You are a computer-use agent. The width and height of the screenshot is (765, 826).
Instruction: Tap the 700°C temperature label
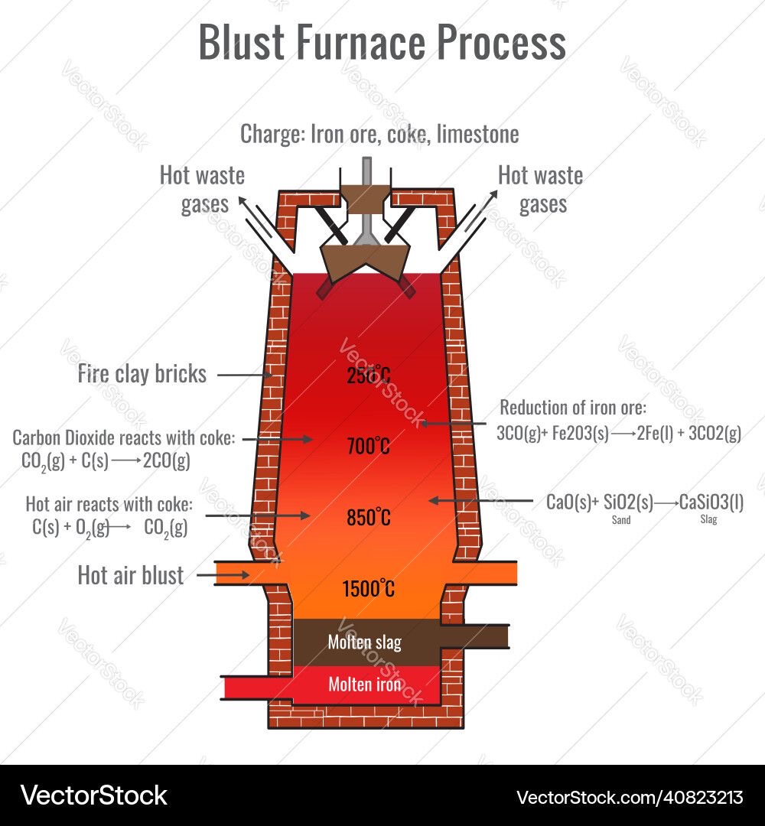click(369, 446)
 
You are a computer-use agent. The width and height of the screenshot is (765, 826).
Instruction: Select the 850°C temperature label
click(369, 518)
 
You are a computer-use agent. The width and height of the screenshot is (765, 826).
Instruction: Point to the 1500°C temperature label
click(369, 589)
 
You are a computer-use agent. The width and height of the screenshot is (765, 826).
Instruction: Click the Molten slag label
click(365, 642)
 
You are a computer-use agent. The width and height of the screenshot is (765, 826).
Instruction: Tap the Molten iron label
click(365, 684)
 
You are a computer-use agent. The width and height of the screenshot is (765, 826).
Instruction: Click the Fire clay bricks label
click(142, 374)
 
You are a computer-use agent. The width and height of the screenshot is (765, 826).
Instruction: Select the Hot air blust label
click(131, 575)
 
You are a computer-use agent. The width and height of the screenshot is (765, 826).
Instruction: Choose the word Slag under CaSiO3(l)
click(709, 520)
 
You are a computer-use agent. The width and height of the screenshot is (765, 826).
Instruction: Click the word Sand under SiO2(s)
click(620, 520)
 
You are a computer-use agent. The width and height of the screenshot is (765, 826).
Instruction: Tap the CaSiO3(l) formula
click(711, 502)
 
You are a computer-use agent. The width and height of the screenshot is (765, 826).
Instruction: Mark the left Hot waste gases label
click(203, 189)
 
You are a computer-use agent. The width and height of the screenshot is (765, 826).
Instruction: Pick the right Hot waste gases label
click(541, 189)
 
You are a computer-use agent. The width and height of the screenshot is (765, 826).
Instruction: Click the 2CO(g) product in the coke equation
click(167, 460)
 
